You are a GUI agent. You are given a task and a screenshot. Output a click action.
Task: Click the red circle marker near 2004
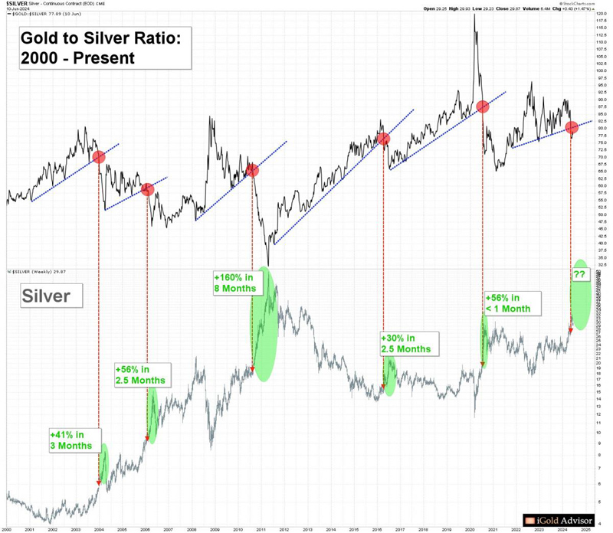click(98, 157)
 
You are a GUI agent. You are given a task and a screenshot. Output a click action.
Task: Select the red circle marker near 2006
click(147, 189)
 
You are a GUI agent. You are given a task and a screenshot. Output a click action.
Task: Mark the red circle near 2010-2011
click(252, 171)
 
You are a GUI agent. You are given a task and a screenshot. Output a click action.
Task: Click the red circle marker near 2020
click(483, 106)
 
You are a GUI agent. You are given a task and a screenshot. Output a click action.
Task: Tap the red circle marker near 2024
click(572, 128)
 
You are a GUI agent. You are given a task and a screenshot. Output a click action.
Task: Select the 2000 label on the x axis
click(7, 529)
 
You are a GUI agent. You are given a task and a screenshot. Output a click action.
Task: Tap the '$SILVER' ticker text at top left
click(18, 4)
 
